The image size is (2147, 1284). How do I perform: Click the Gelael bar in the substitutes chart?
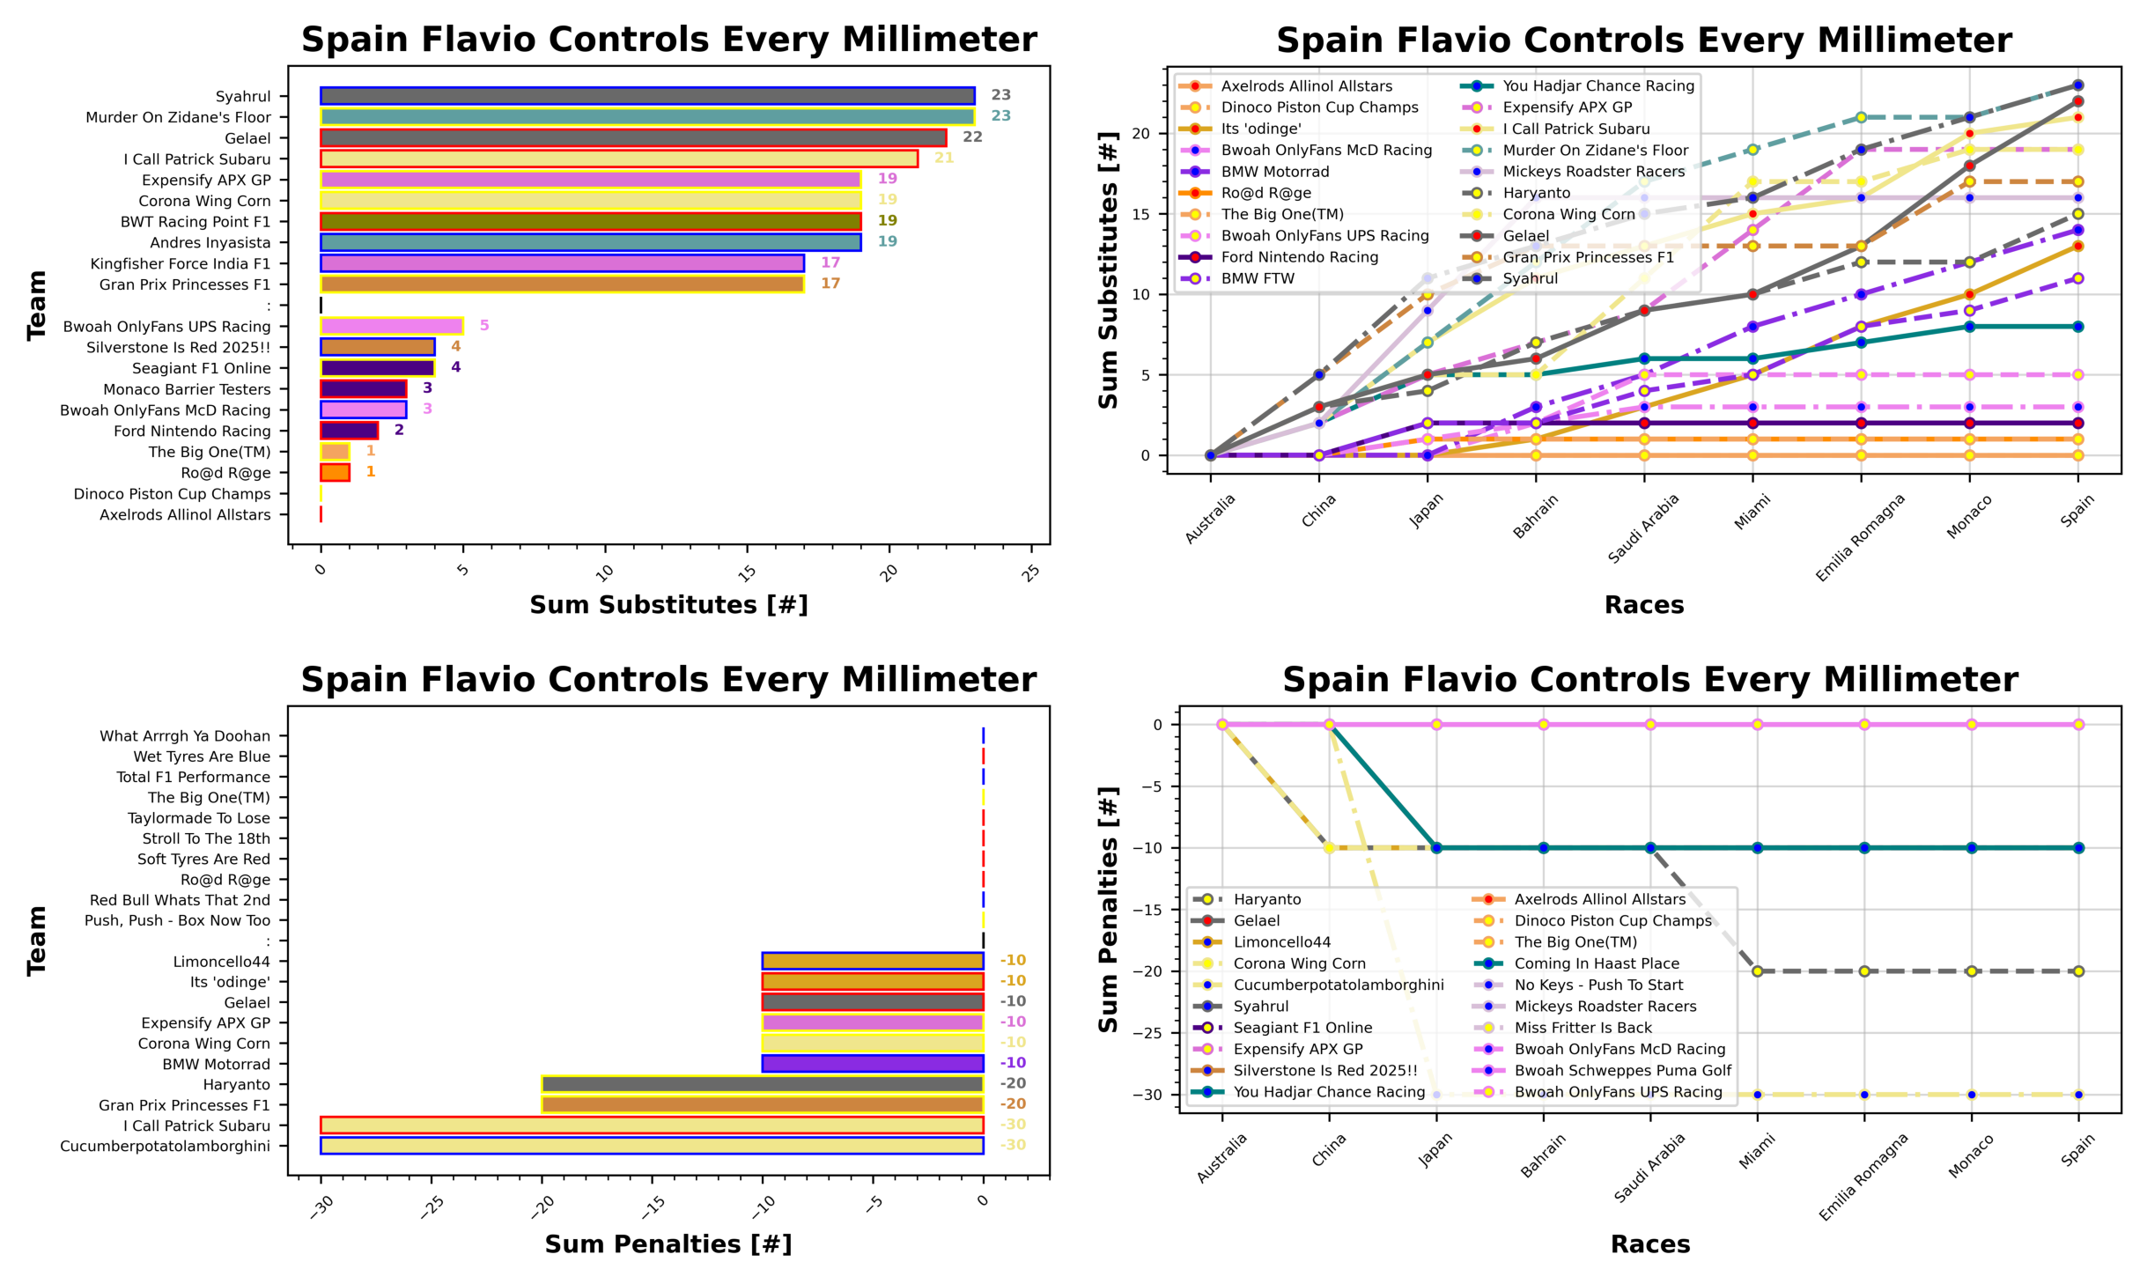point(632,138)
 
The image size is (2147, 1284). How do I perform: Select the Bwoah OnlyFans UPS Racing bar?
point(391,326)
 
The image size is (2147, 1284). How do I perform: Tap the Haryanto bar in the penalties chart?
point(762,1084)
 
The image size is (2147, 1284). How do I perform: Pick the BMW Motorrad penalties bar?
point(872,1064)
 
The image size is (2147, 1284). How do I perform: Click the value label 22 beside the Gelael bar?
point(972,137)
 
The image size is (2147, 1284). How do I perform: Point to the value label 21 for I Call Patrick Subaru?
point(944,158)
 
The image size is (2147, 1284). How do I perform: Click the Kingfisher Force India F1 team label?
point(180,263)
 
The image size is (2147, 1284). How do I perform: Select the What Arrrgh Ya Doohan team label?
point(184,735)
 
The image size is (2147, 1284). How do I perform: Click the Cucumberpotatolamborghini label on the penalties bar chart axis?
point(165,1146)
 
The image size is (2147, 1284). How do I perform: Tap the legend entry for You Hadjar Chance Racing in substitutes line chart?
point(1597,85)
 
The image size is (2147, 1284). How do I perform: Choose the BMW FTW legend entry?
point(1258,278)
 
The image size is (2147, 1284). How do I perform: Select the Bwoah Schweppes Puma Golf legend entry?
point(1622,1070)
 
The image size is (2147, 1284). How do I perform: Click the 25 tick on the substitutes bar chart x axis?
point(1031,572)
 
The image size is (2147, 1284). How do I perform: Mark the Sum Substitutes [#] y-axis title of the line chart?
point(1108,269)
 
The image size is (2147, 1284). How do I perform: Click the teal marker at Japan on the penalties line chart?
point(1436,848)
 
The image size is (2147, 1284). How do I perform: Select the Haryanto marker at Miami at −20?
point(1757,971)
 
